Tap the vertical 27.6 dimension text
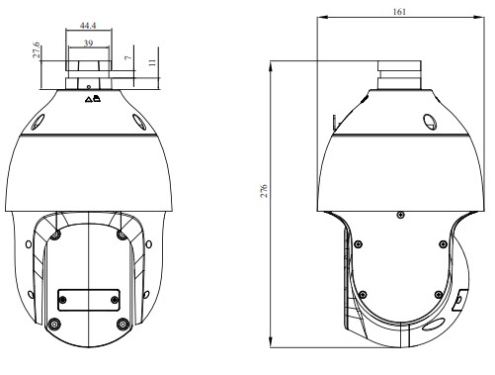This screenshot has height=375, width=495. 37,51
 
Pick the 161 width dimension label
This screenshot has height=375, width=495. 398,12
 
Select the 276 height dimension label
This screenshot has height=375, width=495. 263,190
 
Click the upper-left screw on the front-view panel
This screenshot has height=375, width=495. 57,234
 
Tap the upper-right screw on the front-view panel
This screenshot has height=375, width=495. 121,234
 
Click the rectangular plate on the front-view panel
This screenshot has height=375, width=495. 89,298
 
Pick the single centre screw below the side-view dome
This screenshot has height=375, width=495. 399,212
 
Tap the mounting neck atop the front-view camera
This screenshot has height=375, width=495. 89,75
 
